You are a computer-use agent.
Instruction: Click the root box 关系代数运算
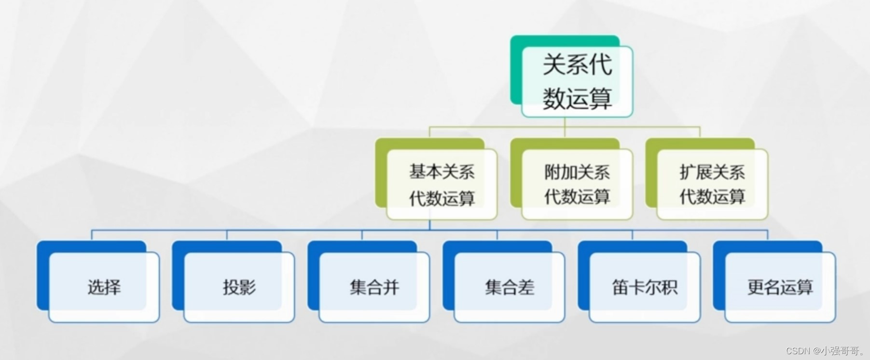pos(577,82)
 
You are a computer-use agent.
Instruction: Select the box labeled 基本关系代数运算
pos(442,185)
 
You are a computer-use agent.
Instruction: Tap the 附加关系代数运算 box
pos(577,185)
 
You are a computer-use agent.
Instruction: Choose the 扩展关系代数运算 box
pos(712,185)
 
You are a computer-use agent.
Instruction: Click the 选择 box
pos(104,287)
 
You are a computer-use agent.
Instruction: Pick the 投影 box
pos(239,287)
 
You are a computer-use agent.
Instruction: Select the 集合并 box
pos(374,287)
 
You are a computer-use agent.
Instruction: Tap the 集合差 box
pos(510,287)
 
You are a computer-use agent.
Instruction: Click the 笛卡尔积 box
pos(645,287)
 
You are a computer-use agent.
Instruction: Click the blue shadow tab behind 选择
pos(42,275)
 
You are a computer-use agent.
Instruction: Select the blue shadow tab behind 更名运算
pos(718,275)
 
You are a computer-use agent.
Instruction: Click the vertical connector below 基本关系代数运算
pos(430,224)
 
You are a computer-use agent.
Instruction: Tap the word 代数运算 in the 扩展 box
pos(712,197)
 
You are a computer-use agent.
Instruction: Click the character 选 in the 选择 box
pos(96,287)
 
